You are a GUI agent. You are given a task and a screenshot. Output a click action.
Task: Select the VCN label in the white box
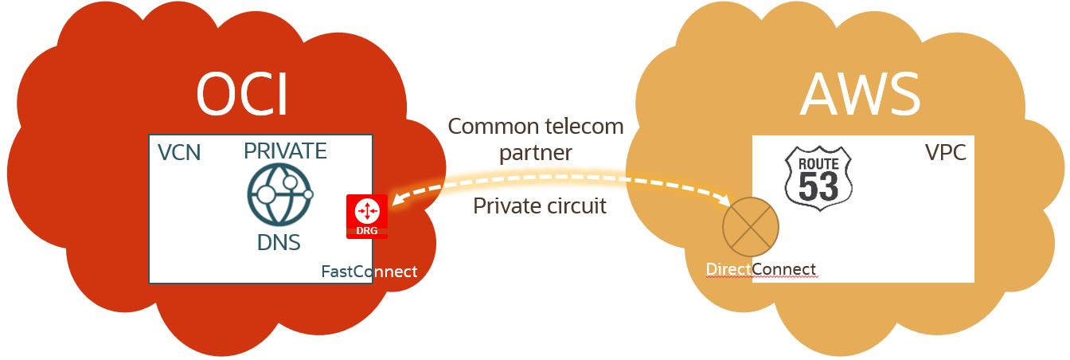tap(179, 152)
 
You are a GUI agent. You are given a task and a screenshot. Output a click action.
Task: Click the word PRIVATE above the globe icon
tap(285, 151)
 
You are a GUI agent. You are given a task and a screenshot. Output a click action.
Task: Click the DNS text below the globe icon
tap(279, 243)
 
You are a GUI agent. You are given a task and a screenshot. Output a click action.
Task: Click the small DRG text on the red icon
tap(367, 231)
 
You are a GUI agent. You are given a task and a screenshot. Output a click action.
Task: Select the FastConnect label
tap(369, 272)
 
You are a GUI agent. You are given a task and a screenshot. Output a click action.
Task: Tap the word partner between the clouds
tap(536, 153)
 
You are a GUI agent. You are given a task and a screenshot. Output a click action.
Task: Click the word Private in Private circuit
tap(506, 205)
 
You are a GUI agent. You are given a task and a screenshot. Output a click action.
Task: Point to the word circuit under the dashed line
tap(575, 205)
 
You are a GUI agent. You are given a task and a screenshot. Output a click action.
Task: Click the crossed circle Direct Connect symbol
tap(750, 228)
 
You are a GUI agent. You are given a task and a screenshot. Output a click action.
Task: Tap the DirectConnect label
tap(760, 269)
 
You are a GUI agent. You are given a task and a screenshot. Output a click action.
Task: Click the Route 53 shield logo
tap(818, 178)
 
